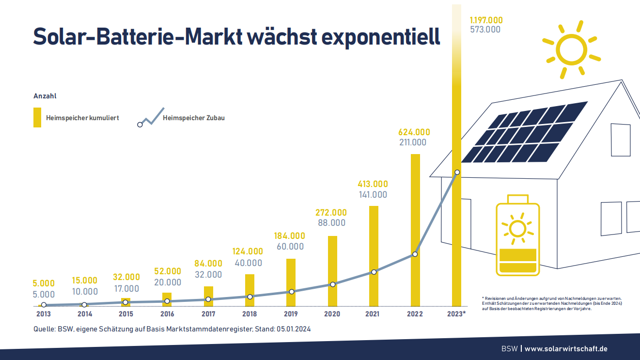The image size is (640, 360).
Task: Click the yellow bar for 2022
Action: [415, 230]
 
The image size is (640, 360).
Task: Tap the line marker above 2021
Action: [374, 272]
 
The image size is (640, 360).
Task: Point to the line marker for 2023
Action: [457, 172]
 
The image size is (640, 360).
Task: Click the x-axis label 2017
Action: [208, 314]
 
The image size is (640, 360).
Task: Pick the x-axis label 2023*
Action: [456, 314]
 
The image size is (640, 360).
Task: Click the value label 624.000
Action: [414, 132]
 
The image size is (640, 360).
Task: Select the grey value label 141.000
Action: [373, 195]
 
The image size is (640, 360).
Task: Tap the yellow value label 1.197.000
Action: [486, 20]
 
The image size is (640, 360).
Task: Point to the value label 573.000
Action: [485, 30]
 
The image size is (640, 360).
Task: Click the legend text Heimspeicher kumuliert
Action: [82, 118]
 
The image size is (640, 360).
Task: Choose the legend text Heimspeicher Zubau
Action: [194, 118]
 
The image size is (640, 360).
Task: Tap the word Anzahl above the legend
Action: [45, 96]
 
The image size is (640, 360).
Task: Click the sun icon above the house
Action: [571, 49]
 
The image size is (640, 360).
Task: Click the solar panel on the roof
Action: [524, 132]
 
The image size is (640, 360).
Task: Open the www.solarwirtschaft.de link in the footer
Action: [566, 349]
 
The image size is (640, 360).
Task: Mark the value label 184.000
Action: [290, 236]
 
